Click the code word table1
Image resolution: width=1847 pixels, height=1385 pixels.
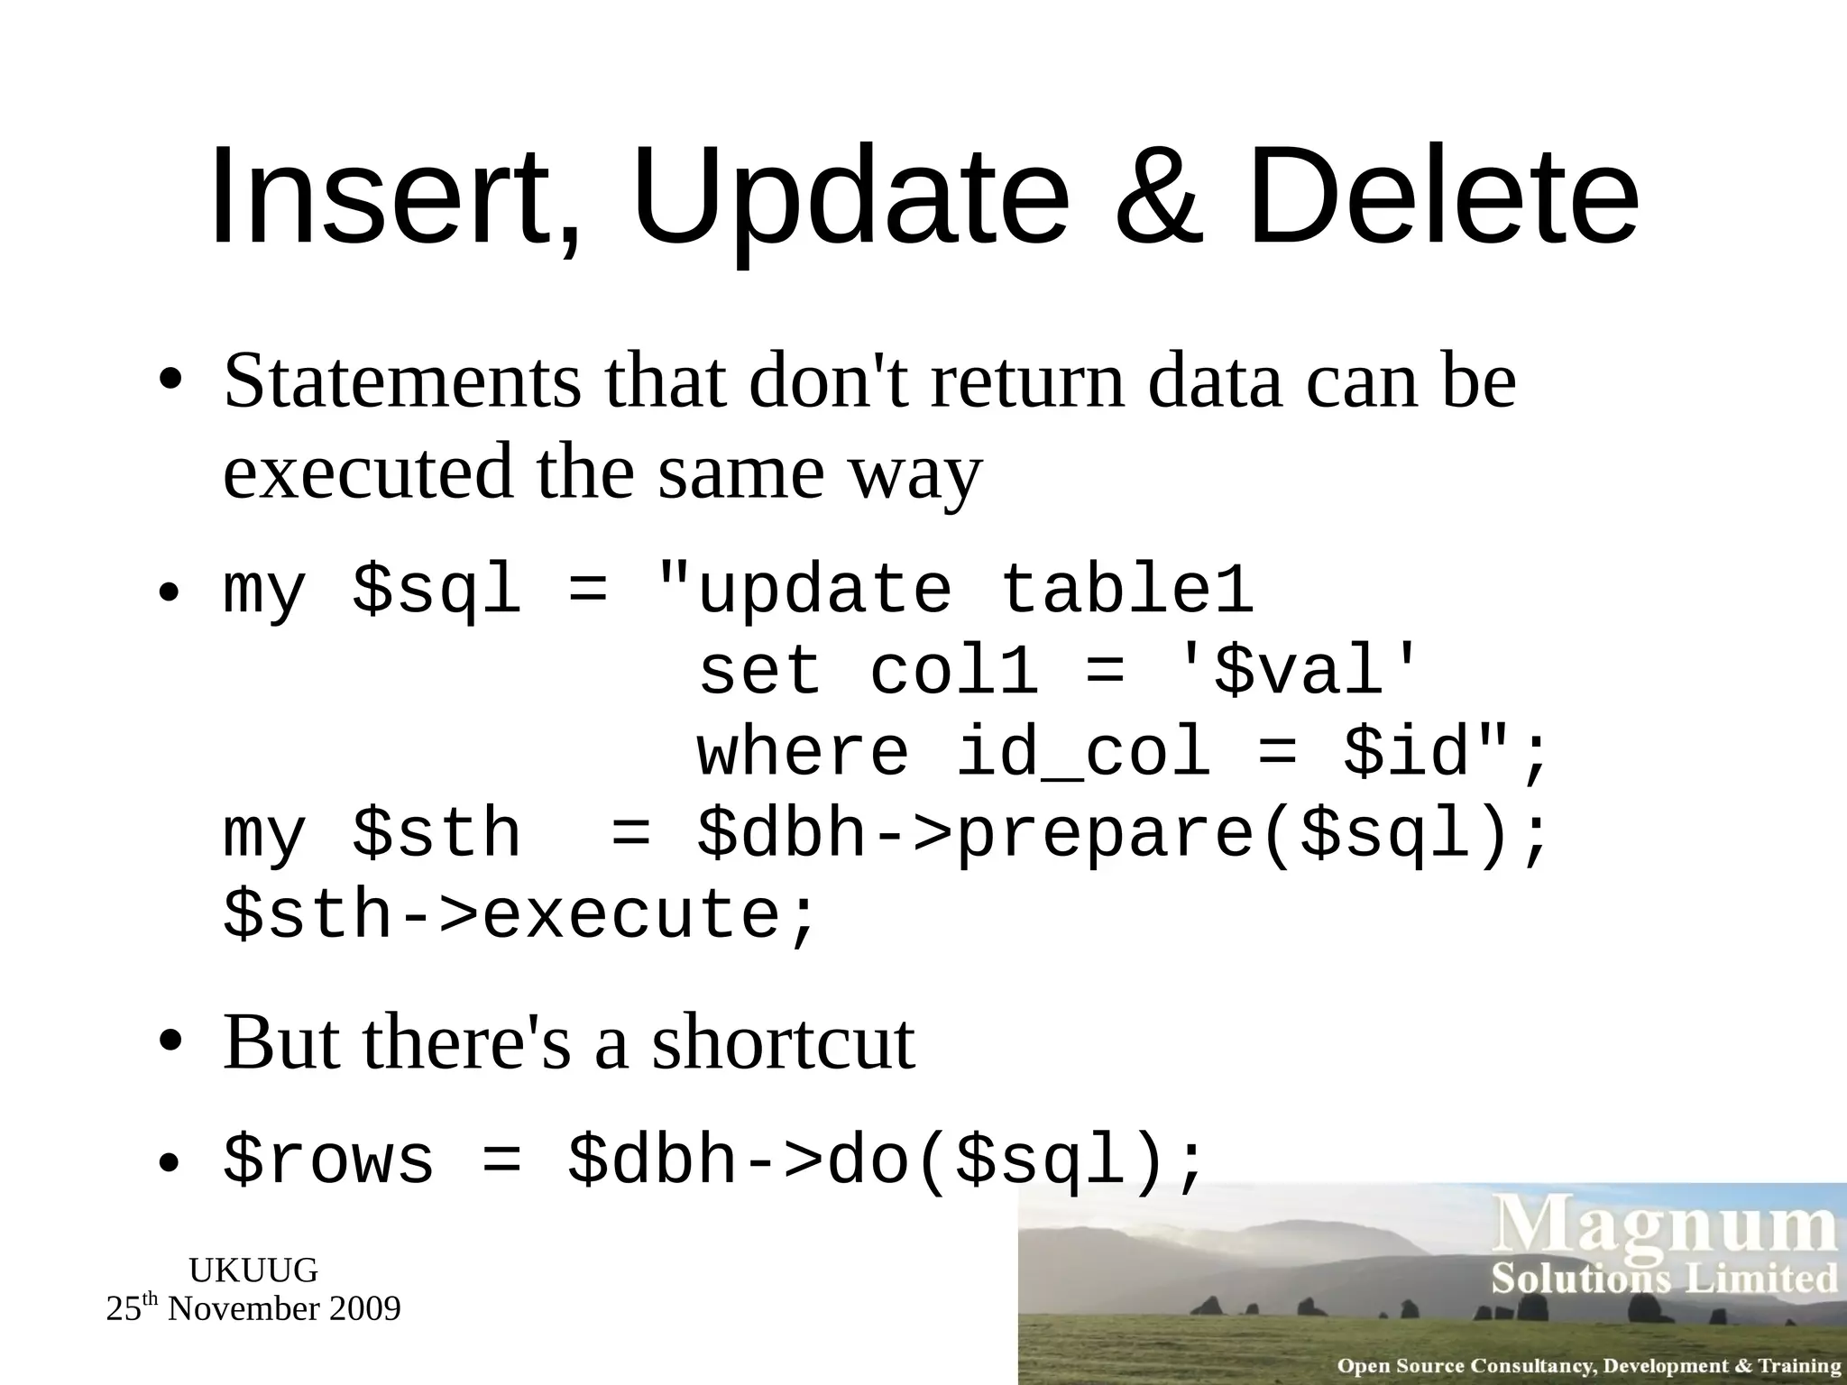click(x=1127, y=590)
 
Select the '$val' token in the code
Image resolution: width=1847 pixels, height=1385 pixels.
click(x=1299, y=671)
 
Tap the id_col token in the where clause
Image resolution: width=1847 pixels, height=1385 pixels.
click(x=1082, y=752)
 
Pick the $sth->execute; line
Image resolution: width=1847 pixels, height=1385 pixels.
click(x=519, y=914)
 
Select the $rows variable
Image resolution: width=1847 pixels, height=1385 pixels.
click(x=328, y=1160)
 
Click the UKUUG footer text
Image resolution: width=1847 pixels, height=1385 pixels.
click(x=253, y=1270)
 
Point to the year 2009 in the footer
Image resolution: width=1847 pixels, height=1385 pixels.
click(x=365, y=1308)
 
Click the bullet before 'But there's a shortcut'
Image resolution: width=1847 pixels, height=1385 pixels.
click(x=170, y=1044)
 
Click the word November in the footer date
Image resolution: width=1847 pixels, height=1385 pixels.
click(x=244, y=1308)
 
